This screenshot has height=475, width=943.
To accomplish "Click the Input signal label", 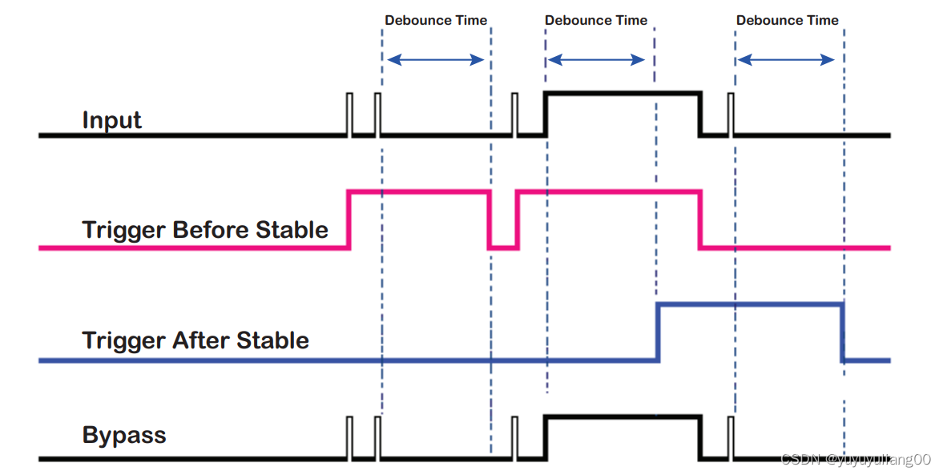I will click(x=111, y=120).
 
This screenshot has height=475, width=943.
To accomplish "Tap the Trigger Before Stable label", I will click(x=205, y=230).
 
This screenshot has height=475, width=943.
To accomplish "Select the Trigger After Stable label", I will click(x=195, y=340).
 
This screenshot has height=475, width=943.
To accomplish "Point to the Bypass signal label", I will click(x=124, y=436).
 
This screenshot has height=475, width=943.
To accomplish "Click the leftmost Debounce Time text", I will click(x=436, y=20).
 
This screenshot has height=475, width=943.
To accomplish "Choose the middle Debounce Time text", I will click(x=596, y=20).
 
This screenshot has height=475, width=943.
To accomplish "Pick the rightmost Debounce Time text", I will click(x=788, y=20).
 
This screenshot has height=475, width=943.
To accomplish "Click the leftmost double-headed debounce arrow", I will click(x=436, y=59).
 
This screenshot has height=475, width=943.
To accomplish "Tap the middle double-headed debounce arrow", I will click(x=596, y=59).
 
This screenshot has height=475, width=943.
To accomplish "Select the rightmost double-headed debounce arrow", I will click(x=786, y=59).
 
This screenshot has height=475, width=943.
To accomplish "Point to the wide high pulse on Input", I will click(x=623, y=94).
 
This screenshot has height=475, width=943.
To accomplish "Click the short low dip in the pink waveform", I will click(x=503, y=248).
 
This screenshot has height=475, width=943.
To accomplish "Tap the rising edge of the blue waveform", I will click(x=658, y=332).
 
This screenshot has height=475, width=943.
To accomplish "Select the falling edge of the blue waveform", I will click(x=842, y=332).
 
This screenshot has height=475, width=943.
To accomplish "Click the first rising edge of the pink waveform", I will click(x=349, y=219).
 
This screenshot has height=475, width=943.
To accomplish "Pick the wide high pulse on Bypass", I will click(x=623, y=417).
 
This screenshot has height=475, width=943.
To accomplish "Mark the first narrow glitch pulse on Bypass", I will click(x=349, y=437).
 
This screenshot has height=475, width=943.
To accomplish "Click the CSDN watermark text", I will click(x=855, y=459).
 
